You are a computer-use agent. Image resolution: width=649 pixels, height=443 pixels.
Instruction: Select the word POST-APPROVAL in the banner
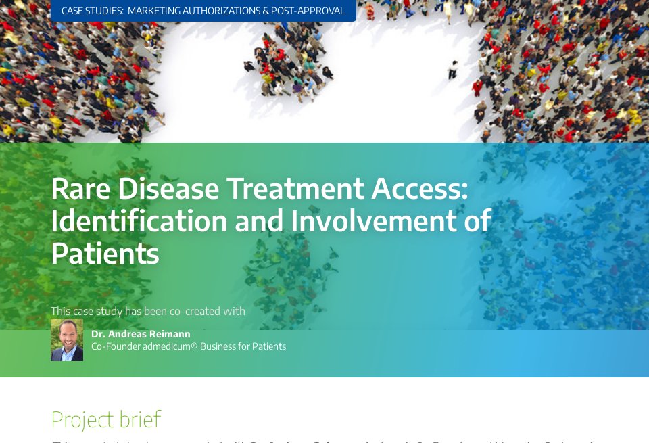coord(308,11)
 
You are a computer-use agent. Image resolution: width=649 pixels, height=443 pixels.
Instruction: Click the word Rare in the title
coord(81,189)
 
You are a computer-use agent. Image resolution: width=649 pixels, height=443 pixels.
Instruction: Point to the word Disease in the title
coord(168,189)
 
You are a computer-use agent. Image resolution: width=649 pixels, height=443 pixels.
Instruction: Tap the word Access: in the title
coord(423,189)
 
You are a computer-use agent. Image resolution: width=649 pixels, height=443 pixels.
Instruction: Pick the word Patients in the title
coord(105,254)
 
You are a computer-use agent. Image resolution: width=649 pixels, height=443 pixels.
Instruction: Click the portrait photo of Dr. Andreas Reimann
coord(67,340)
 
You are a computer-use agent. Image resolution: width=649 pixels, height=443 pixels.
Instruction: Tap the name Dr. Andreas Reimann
coord(141,334)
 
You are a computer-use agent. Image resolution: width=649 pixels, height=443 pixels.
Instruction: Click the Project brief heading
coord(105,419)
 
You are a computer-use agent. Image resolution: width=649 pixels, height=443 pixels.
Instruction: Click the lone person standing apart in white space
coord(452,70)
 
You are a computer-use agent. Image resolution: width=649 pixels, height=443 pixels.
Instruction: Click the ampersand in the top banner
coord(264,11)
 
